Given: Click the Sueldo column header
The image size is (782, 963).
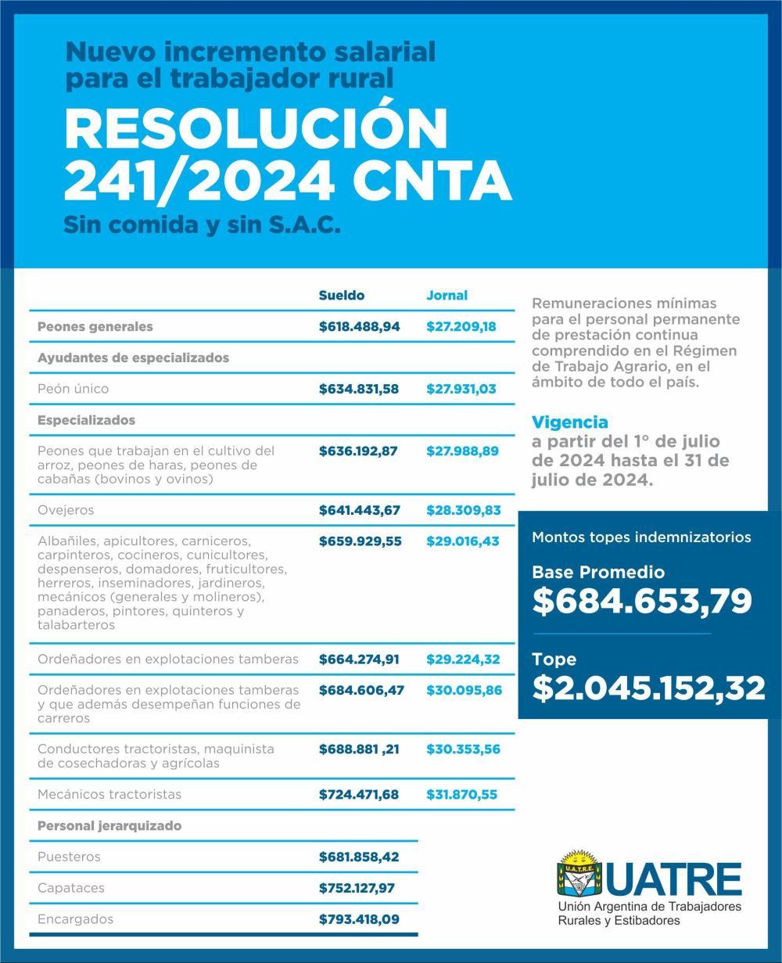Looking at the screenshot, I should [x=341, y=296].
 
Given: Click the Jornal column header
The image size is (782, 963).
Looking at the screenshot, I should [x=447, y=296].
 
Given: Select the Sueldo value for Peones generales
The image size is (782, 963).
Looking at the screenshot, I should [x=359, y=327].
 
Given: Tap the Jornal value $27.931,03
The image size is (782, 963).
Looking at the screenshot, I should [x=461, y=389].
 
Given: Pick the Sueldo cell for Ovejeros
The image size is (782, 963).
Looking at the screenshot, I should [x=359, y=510].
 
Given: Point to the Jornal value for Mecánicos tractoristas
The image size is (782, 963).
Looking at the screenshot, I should [x=461, y=794].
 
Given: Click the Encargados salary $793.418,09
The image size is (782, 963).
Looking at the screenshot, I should [x=359, y=919].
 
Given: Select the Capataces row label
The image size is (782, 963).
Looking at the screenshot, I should [x=70, y=888].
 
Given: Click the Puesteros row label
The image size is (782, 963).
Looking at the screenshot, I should [x=69, y=857].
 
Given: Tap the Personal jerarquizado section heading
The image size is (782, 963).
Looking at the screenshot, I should [x=109, y=825].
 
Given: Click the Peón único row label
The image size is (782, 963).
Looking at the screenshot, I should [x=74, y=389].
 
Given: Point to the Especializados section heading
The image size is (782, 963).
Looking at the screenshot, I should [x=86, y=420].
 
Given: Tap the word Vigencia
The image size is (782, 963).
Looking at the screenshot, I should [x=569, y=423].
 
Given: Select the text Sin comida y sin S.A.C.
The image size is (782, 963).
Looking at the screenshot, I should [x=202, y=225].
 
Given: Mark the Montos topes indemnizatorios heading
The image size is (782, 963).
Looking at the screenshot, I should [x=641, y=537].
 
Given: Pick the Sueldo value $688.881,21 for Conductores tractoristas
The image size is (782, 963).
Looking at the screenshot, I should [x=359, y=749].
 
